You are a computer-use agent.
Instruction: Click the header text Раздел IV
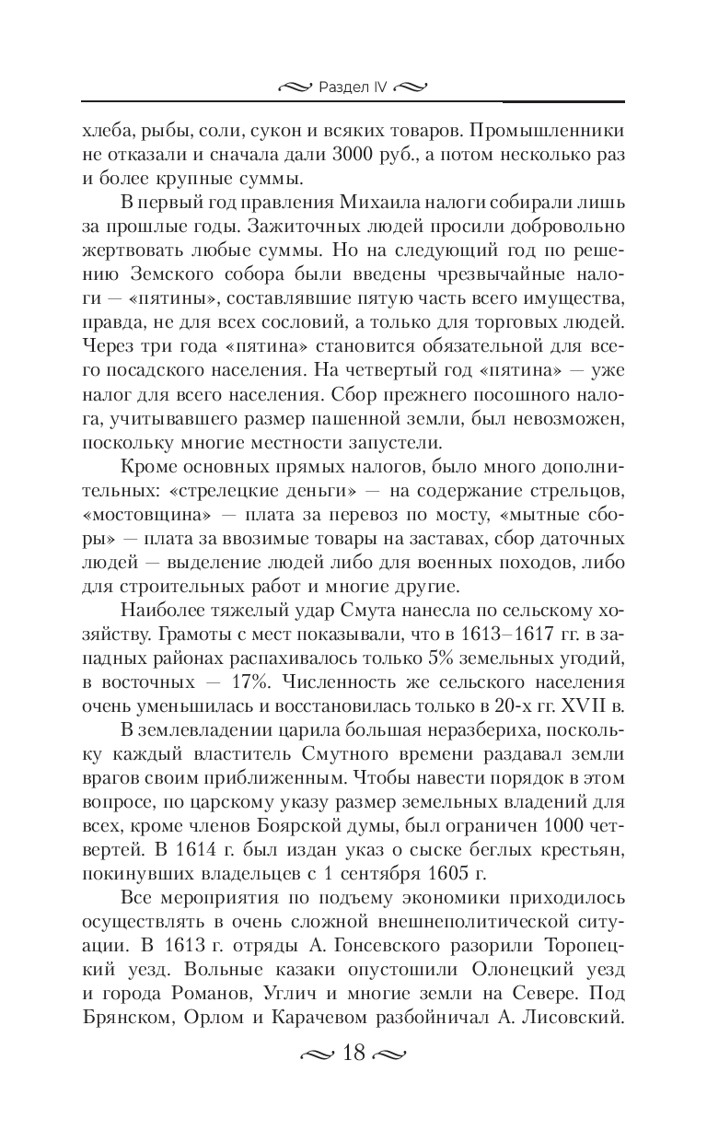click(x=353, y=88)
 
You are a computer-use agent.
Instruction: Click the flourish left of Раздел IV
click(x=296, y=88)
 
